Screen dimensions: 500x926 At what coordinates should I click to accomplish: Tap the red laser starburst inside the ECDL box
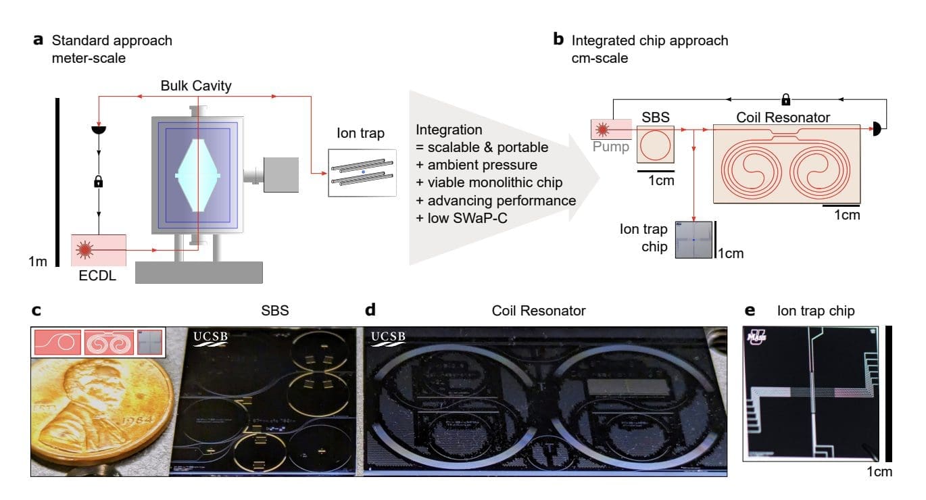(x=85, y=250)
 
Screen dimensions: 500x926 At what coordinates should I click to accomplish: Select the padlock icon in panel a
(x=99, y=182)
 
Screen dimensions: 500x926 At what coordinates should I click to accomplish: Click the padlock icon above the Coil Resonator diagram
(x=785, y=100)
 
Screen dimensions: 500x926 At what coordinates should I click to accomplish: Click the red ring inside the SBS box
(x=656, y=144)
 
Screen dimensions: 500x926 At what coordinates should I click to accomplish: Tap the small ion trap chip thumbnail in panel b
(x=693, y=239)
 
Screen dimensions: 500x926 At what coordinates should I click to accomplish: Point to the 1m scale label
(x=38, y=261)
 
